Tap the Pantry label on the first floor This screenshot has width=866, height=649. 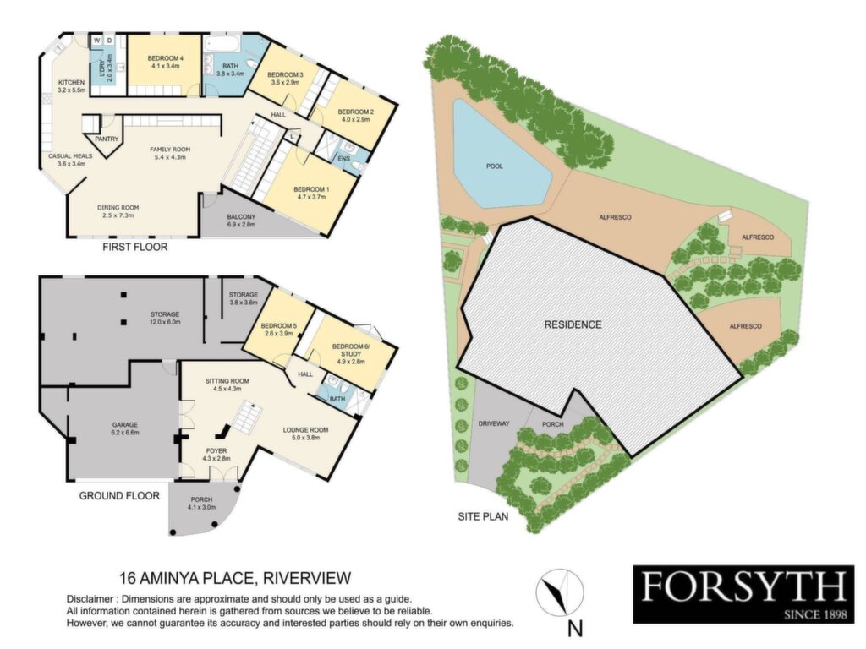click(107, 139)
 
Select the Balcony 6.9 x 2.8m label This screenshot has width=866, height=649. click(241, 221)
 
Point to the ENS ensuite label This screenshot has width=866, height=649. click(343, 159)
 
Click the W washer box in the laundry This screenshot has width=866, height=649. click(96, 41)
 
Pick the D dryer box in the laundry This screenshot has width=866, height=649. click(109, 41)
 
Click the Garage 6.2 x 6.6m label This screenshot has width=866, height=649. click(125, 428)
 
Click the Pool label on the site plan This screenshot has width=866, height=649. click(494, 166)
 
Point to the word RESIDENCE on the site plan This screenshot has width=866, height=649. click(573, 324)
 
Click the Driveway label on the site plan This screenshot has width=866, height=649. click(494, 424)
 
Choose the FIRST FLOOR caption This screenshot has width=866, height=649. click(134, 247)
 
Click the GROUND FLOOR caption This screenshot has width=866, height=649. click(119, 495)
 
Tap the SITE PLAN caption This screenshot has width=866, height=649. click(483, 517)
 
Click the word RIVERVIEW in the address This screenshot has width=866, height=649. click(307, 578)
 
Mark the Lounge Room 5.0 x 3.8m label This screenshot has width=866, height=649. click(305, 434)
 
